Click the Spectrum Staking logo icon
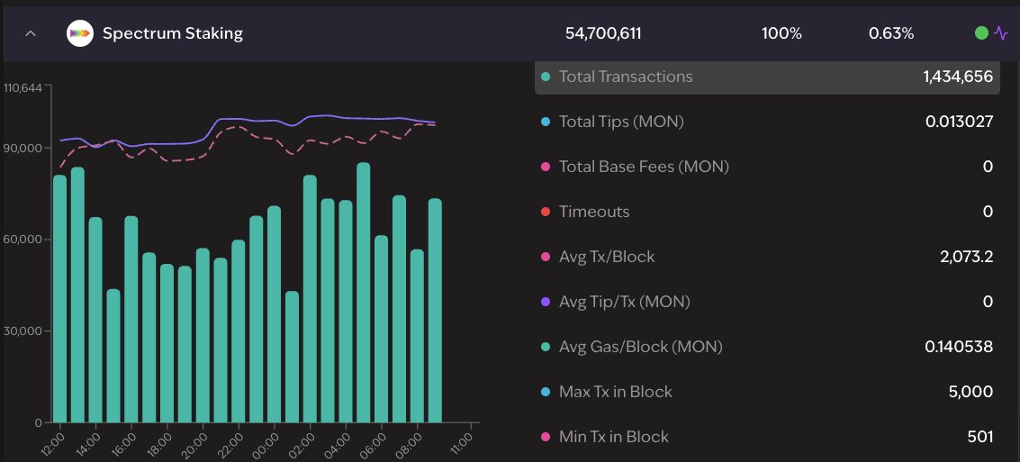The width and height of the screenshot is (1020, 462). coord(80,34)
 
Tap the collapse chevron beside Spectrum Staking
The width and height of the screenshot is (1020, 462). coord(31,34)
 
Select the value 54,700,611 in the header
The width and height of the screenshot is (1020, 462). coord(603,34)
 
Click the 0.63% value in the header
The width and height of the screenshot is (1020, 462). coord(890,34)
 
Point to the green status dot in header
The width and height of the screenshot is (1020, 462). coord(981,33)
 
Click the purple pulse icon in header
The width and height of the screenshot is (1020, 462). coord(1001,33)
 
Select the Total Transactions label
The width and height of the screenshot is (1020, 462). coord(626,77)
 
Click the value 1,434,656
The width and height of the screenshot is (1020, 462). coord(958,77)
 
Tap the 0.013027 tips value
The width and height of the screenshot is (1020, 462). coord(959,122)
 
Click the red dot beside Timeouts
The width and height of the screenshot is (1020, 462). coord(546,212)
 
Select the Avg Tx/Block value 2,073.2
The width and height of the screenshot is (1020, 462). coord(965,257)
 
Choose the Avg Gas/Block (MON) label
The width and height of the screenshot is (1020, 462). coord(640,347)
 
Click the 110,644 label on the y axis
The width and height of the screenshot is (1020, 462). coord(24,87)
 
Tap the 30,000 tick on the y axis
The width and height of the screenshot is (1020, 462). coord(25,331)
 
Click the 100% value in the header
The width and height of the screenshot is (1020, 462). coord(781,34)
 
